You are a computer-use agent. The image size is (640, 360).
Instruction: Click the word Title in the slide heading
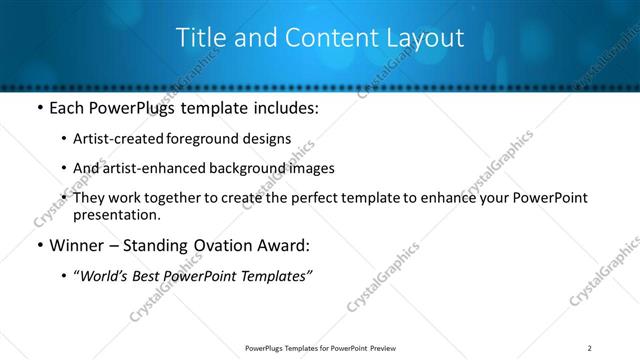click(x=201, y=38)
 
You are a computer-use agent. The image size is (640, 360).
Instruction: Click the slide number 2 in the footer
click(x=590, y=347)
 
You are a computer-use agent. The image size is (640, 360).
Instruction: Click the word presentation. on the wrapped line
click(x=116, y=214)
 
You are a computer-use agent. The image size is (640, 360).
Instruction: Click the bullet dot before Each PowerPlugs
click(x=39, y=108)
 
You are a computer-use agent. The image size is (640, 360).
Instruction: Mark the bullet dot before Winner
click(x=39, y=246)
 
